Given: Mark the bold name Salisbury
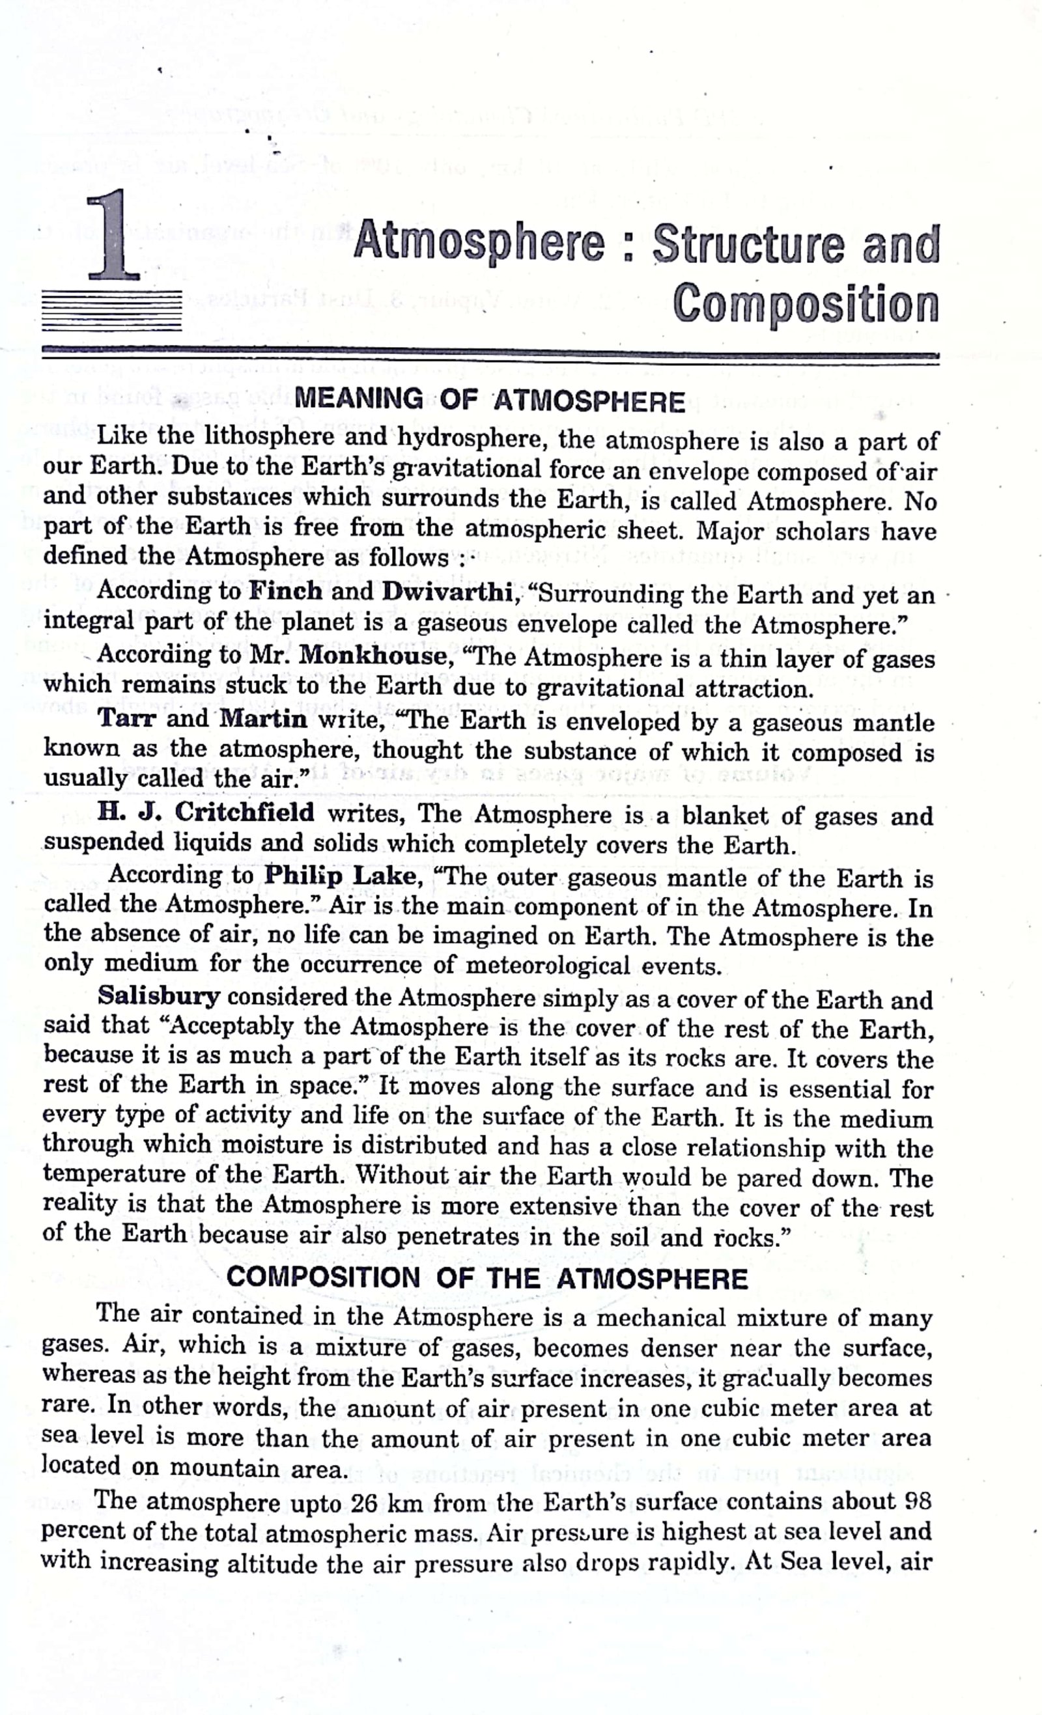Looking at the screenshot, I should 159,996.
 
